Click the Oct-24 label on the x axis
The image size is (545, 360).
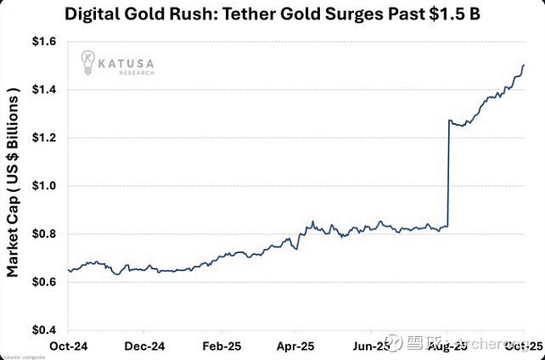tap(69, 346)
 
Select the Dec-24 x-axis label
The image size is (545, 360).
tap(144, 346)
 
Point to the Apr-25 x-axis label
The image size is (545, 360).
tap(296, 346)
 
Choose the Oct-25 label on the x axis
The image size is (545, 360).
tap(524, 346)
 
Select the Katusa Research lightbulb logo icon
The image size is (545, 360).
tap(88, 60)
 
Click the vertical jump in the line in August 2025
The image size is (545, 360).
tap(448, 174)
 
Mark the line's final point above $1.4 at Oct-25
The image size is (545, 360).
tap(524, 65)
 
